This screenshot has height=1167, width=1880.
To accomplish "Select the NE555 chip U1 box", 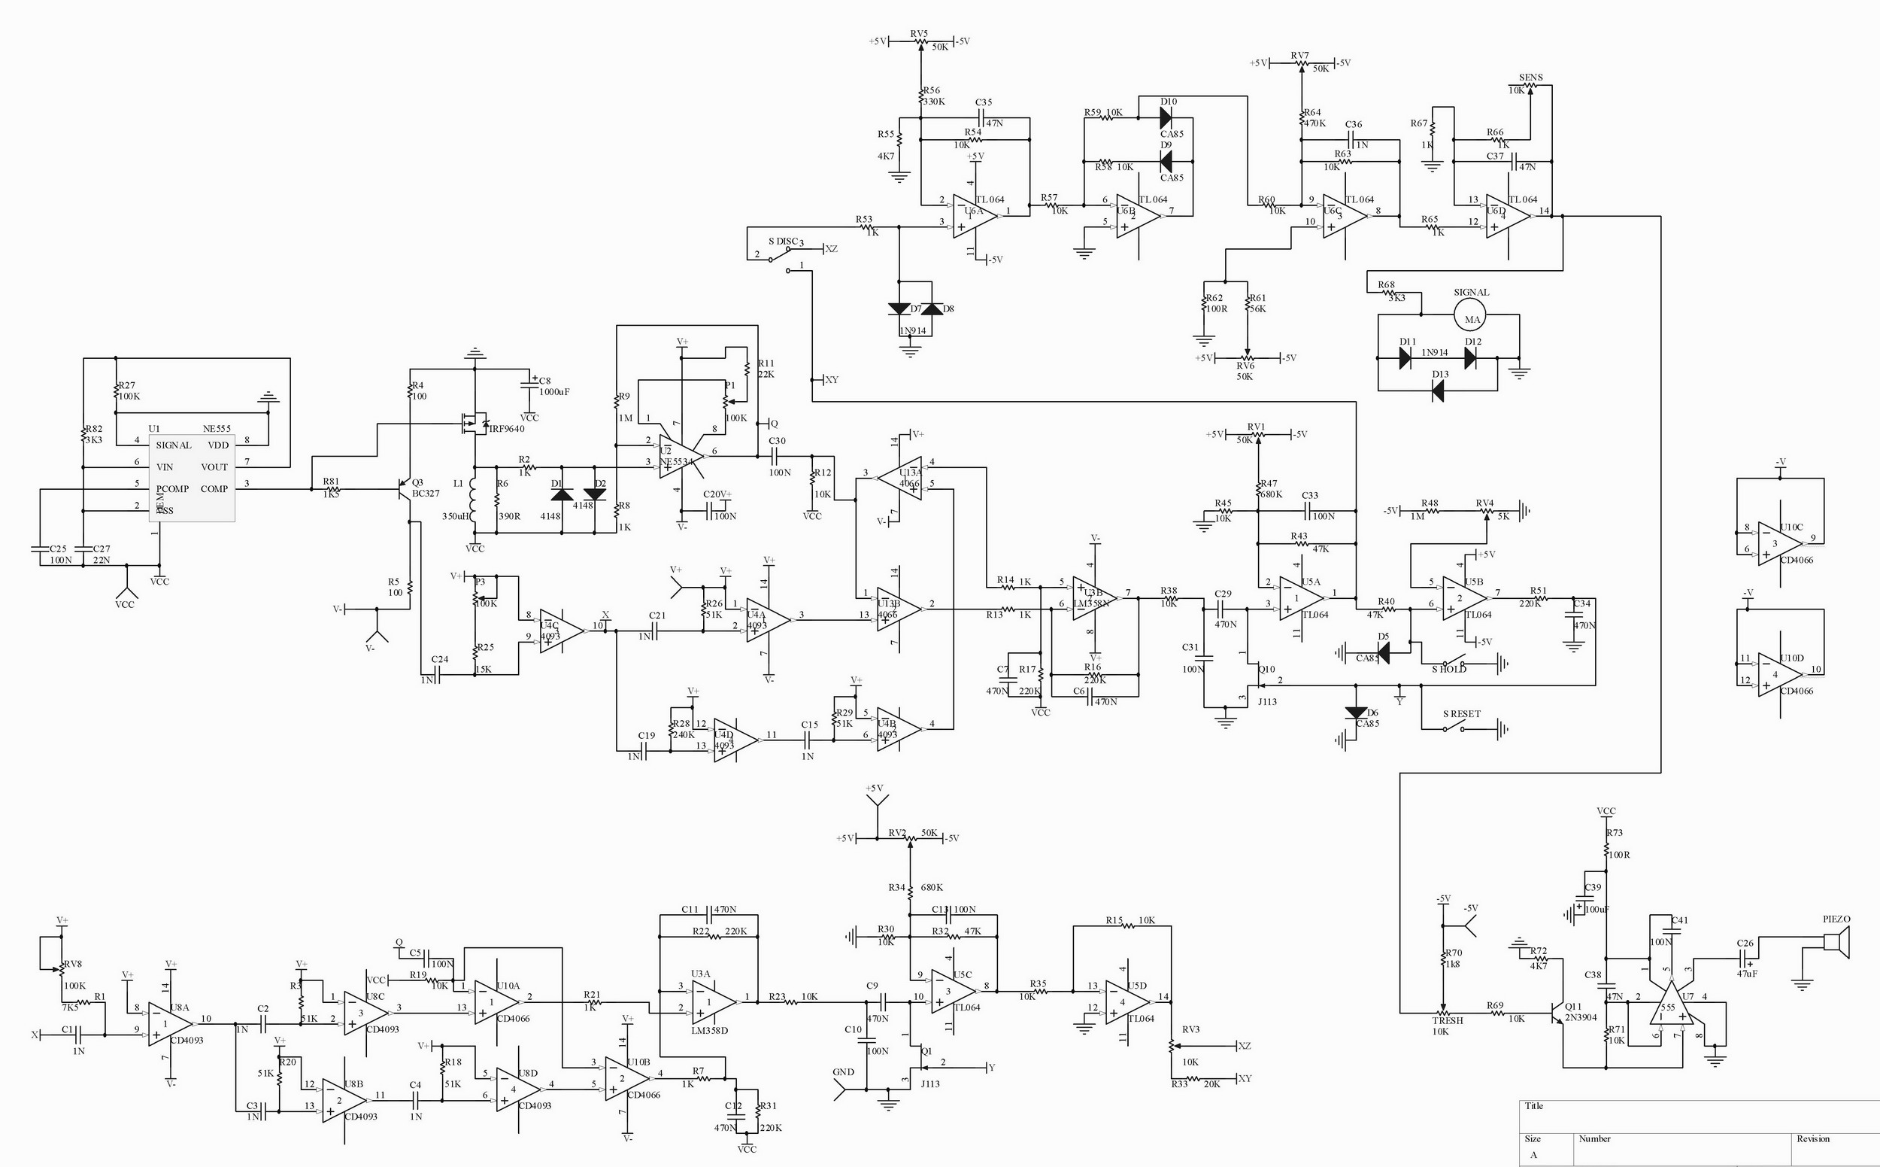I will click(x=192, y=477).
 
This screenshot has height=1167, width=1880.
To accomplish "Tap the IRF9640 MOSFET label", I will click(x=507, y=429).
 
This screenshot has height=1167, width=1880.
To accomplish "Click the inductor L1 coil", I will click(x=474, y=498).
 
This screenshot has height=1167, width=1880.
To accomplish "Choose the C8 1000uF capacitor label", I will click(x=553, y=386).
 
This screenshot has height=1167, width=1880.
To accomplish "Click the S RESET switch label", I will click(x=1461, y=714).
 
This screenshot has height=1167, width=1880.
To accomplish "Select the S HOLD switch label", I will click(x=1449, y=669).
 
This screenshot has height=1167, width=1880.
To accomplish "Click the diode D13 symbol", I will click(x=1438, y=392).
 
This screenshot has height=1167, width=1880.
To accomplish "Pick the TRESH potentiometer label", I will click(x=1447, y=1020).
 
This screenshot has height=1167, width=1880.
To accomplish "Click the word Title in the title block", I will click(x=1533, y=1106).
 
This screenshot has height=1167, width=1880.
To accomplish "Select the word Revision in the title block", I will click(x=1812, y=1138).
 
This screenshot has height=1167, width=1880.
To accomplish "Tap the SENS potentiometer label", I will click(x=1530, y=78).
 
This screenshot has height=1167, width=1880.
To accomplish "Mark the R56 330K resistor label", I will click(x=932, y=96).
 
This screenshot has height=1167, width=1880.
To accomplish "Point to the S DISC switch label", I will click(x=783, y=242).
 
